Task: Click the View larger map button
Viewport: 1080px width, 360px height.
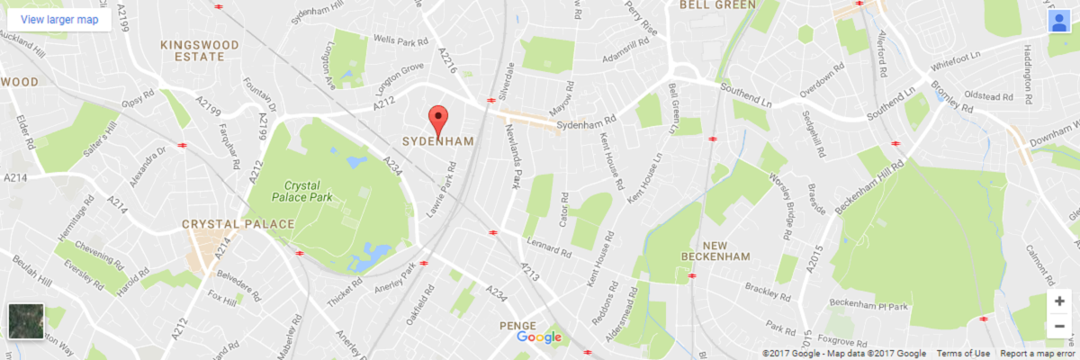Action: tap(58, 18)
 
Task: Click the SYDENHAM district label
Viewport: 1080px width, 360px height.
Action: tap(438, 142)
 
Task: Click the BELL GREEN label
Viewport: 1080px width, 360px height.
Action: tap(716, 4)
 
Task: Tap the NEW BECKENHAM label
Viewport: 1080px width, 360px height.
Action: tap(727, 251)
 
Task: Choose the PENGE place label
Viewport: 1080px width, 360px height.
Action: tap(517, 325)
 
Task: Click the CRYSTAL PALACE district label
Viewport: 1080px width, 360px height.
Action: tap(238, 223)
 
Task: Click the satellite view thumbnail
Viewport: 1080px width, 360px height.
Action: tap(24, 321)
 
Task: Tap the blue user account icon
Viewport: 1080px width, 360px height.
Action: tap(1058, 22)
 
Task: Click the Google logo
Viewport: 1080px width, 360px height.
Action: tap(539, 337)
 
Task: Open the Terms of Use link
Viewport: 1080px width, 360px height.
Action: tap(963, 354)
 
